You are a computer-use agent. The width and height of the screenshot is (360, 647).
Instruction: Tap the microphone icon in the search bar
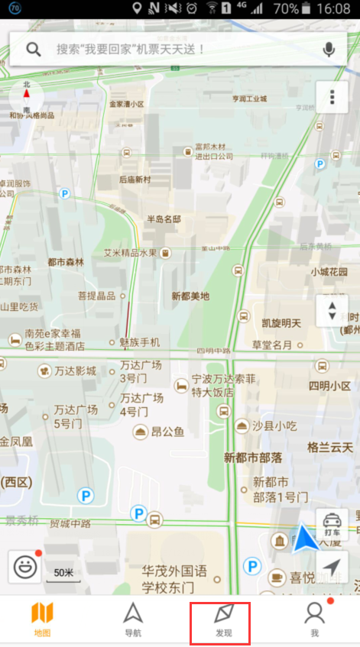pyautogui.click(x=329, y=50)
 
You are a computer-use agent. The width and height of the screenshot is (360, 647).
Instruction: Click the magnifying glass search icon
pyautogui.click(x=34, y=50)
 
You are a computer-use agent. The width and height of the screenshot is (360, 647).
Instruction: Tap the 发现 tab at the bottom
pyautogui.click(x=222, y=620)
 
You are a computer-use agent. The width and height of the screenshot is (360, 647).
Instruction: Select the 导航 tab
pyautogui.click(x=133, y=620)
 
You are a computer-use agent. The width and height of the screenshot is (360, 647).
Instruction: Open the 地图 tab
pyautogui.click(x=42, y=620)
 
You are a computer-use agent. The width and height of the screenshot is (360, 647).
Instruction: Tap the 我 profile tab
pyautogui.click(x=314, y=620)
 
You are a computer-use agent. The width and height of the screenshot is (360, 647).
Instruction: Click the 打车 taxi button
pyautogui.click(x=332, y=523)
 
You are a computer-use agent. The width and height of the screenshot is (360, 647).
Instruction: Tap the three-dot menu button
pyautogui.click(x=332, y=98)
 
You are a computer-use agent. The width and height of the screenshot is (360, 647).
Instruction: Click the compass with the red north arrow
pyautogui.click(x=27, y=98)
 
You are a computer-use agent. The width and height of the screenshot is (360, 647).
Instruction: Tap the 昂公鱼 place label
pyautogui.click(x=167, y=432)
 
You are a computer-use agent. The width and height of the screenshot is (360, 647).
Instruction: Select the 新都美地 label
pyautogui.click(x=190, y=296)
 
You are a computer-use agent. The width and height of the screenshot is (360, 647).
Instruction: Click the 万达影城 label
pyautogui.click(x=75, y=371)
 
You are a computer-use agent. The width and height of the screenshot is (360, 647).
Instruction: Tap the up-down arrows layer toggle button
pyautogui.click(x=332, y=310)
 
